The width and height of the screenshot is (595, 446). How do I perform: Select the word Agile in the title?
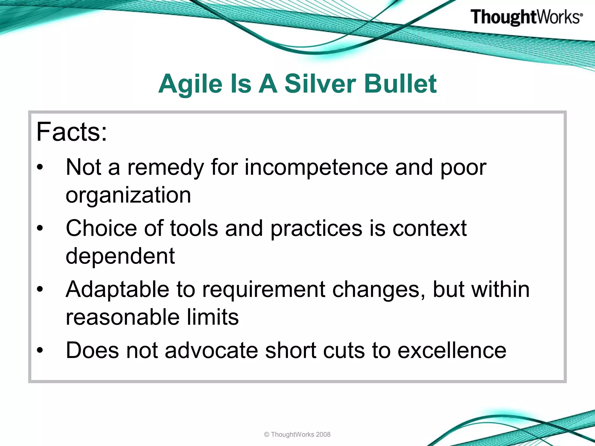pyautogui.click(x=190, y=84)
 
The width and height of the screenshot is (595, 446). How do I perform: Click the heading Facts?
pyautogui.click(x=71, y=132)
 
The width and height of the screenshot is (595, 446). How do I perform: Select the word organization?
pyautogui.click(x=128, y=195)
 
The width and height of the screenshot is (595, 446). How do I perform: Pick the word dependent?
pyautogui.click(x=120, y=256)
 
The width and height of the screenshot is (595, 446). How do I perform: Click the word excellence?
pyautogui.click(x=452, y=350)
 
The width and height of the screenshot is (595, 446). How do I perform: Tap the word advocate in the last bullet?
pyautogui.click(x=211, y=350)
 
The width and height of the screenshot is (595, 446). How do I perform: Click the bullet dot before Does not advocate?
pyautogui.click(x=40, y=350)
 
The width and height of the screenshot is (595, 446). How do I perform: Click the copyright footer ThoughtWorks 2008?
pyautogui.click(x=297, y=435)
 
